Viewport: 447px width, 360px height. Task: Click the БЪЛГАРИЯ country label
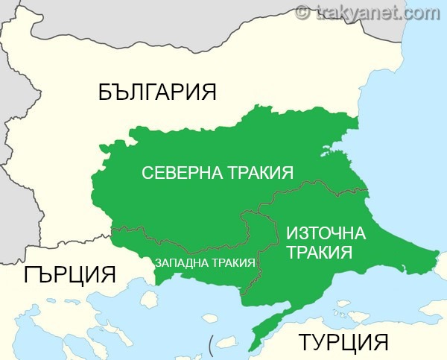tap(157, 92)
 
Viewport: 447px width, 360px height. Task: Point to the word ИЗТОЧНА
tap(326, 233)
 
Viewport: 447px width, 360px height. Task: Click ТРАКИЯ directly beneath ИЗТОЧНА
tap(319, 253)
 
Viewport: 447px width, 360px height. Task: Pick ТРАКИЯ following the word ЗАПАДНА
tap(230, 263)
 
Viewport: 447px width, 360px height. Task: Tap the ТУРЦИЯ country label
tap(343, 343)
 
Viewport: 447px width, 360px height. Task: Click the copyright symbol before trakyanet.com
tap(302, 11)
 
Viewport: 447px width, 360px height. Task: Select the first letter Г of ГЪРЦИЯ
tap(30, 274)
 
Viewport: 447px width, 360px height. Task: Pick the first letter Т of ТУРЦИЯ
tap(305, 343)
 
